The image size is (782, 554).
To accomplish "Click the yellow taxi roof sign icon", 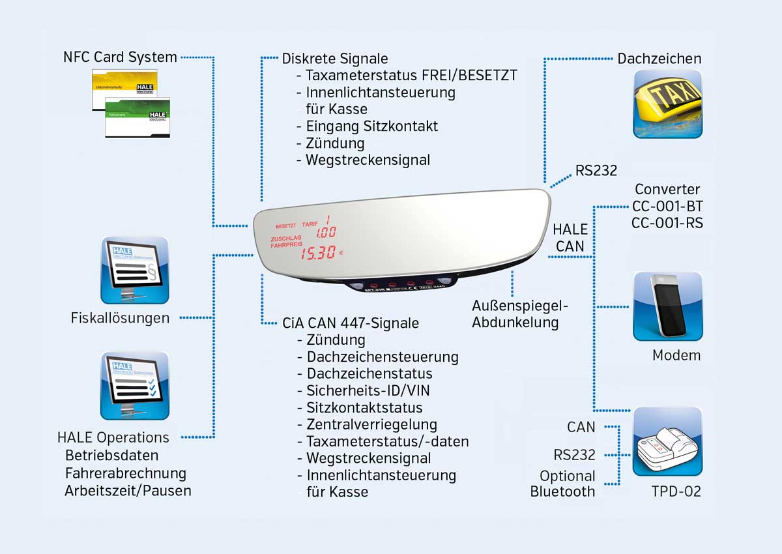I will [668, 104].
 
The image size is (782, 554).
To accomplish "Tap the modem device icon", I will [668, 306].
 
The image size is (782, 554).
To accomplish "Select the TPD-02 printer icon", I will [668, 441].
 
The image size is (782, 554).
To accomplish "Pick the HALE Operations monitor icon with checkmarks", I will [135, 386].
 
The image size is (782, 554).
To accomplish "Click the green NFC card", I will [138, 118].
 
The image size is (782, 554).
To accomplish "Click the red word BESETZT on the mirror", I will [286, 226].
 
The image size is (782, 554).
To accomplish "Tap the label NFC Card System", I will [120, 57].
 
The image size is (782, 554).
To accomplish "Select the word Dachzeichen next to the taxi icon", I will [659, 59].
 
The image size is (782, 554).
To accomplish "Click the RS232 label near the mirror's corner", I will [596, 171].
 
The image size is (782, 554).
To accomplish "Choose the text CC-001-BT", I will [667, 207].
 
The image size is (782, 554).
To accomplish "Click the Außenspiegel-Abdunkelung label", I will [521, 313].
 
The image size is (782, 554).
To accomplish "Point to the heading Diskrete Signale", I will [335, 59].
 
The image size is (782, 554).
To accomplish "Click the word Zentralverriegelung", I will [371, 424].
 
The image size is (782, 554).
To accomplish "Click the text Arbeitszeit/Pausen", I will [128, 491].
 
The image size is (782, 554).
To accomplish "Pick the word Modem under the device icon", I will [676, 355].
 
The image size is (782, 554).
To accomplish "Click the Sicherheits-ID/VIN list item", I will [368, 390].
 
